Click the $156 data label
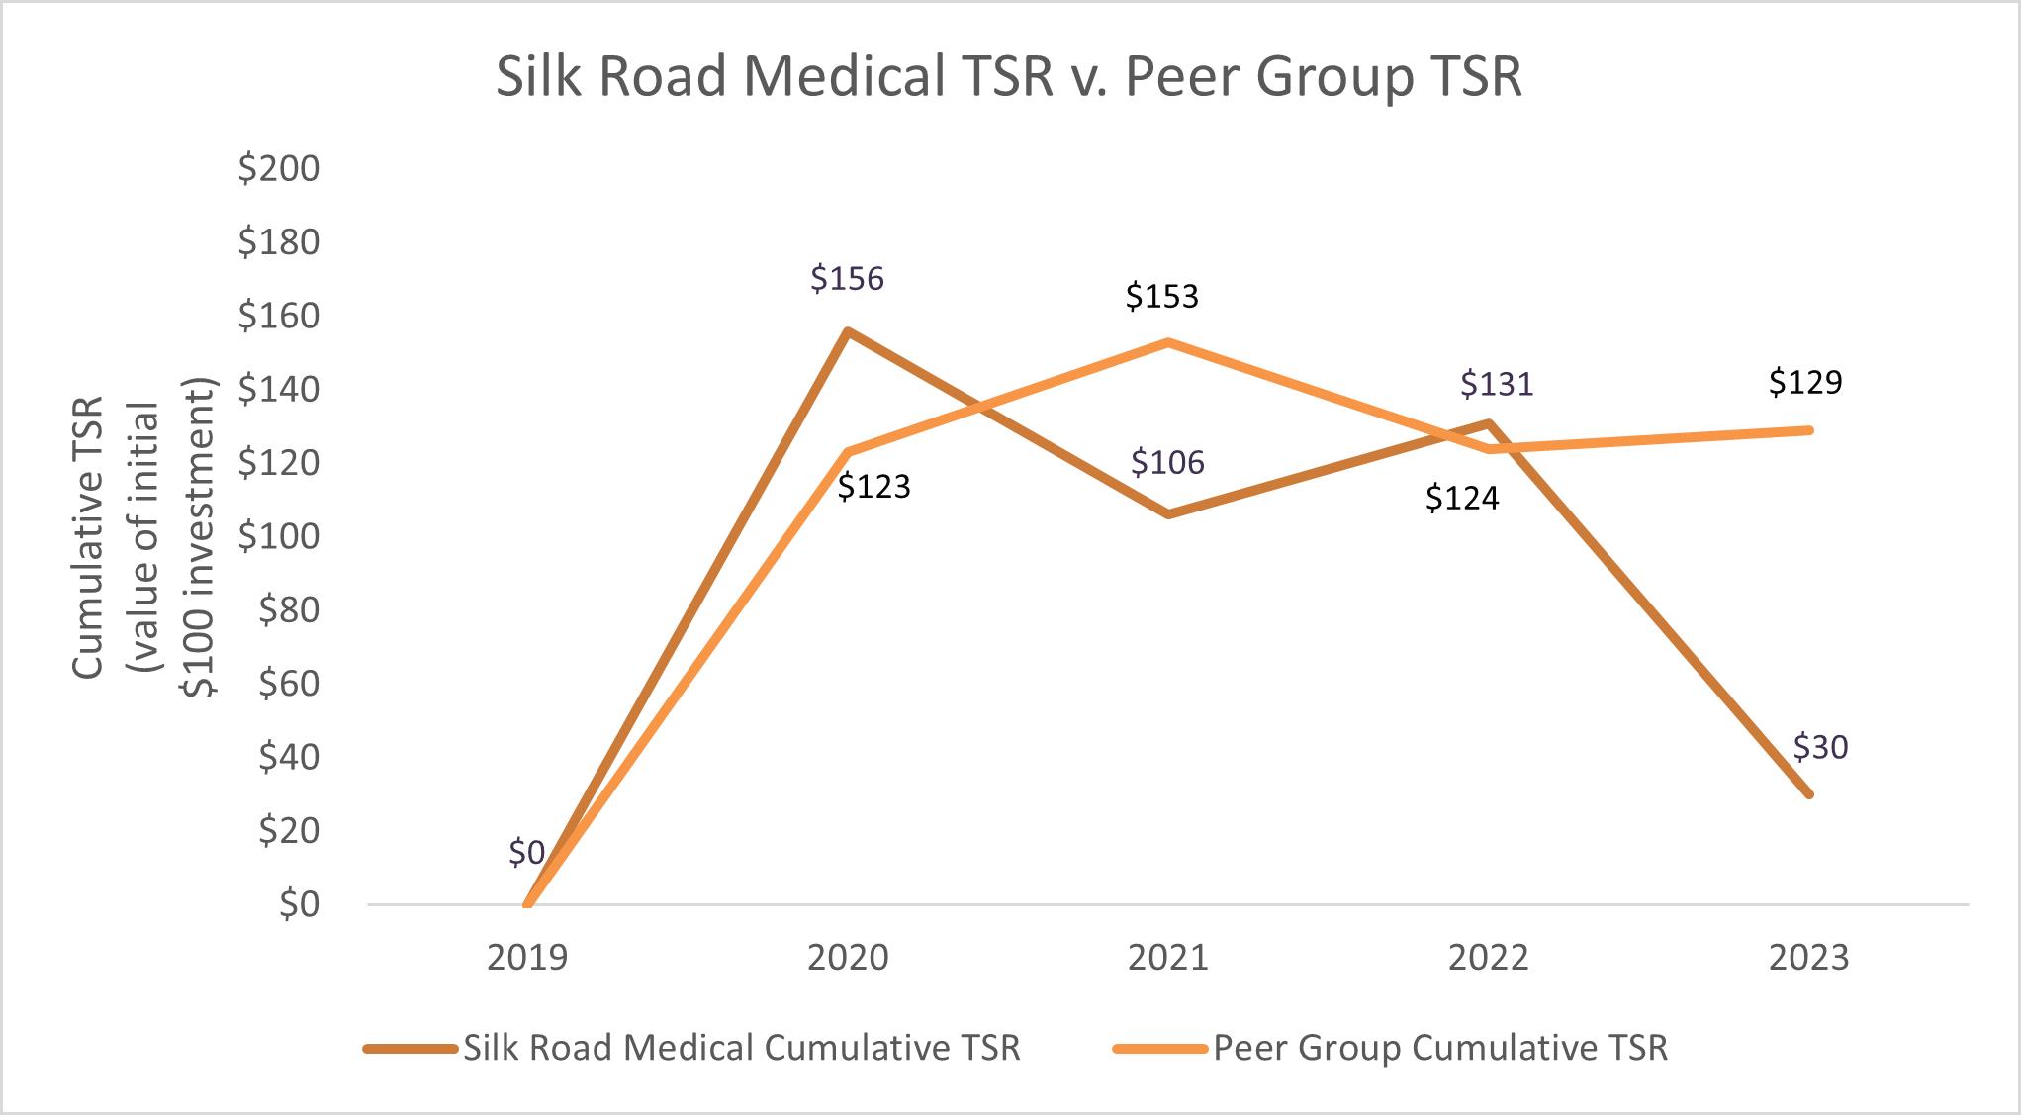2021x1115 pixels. point(847,279)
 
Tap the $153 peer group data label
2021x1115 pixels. point(1161,297)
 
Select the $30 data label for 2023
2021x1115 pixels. point(1820,748)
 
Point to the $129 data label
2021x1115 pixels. point(1805,382)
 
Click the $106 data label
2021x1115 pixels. point(1167,463)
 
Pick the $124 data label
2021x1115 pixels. point(1462,499)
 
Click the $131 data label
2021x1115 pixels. point(1497,384)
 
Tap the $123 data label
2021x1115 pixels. point(873,487)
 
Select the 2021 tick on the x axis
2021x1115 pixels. point(1168,958)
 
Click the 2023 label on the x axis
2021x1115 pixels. point(1808,958)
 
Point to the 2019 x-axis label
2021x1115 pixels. point(527,958)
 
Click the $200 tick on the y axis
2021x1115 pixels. point(279,169)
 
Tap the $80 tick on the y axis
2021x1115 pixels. point(289,610)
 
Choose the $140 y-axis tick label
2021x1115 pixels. point(279,390)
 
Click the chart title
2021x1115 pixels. point(1008,77)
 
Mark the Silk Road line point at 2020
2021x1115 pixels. point(848,331)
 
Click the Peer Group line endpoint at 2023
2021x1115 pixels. point(1808,430)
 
